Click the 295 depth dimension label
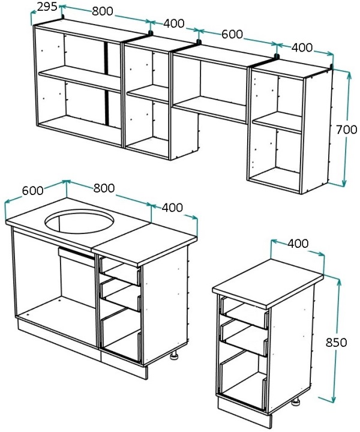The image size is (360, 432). pyautogui.click(x=47, y=7)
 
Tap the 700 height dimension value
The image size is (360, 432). pyautogui.click(x=347, y=130)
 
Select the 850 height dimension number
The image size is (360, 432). pyautogui.click(x=336, y=343)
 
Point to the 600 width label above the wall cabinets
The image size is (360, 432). pyautogui.click(x=232, y=34)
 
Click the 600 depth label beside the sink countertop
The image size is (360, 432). pyautogui.click(x=33, y=190)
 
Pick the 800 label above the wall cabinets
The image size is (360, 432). pyautogui.click(x=103, y=11)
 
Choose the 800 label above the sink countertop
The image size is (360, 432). pyautogui.click(x=104, y=188)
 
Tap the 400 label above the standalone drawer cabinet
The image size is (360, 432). pyautogui.click(x=298, y=243)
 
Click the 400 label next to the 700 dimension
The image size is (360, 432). pyautogui.click(x=302, y=47)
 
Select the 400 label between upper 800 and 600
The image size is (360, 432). pyautogui.click(x=174, y=23)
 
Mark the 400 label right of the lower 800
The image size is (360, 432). pyautogui.click(x=172, y=208)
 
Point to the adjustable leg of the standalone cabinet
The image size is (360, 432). pyautogui.click(x=296, y=401)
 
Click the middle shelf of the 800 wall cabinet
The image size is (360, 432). pyautogui.click(x=80, y=79)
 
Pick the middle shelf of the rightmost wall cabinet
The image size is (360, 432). pyautogui.click(x=277, y=122)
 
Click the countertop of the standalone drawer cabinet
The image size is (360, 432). pyautogui.click(x=268, y=284)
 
